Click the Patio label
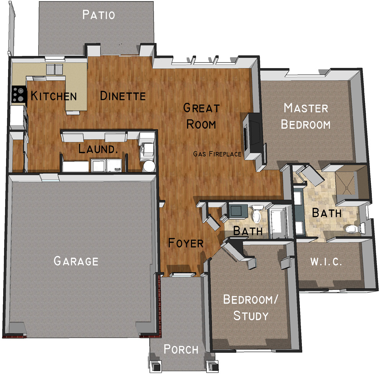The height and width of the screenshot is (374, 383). [x=99, y=15]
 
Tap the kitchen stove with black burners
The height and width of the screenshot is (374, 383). [x=19, y=94]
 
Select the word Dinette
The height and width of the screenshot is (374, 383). [x=123, y=96]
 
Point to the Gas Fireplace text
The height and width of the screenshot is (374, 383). [x=217, y=154]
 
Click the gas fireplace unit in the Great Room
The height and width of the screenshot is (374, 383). [x=252, y=135]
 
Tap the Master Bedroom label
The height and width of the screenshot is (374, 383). [x=306, y=116]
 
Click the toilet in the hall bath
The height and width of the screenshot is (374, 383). [x=257, y=213]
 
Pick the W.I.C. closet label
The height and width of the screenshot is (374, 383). [x=326, y=262]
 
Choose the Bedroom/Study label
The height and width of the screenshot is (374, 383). [x=250, y=308]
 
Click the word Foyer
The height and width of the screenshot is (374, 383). [x=186, y=243]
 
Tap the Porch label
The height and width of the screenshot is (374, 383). [x=181, y=349]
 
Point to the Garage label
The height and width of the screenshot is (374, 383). [x=76, y=261]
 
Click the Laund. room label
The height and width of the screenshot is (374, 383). [x=98, y=149]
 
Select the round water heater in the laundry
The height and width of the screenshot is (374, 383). [x=149, y=166]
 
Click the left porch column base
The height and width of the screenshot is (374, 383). [x=155, y=366]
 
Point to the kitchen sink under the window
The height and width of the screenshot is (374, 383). [x=54, y=69]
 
